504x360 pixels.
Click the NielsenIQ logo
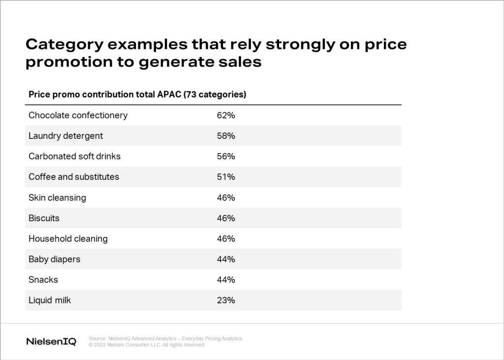click(51, 342)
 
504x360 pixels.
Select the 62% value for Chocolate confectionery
click(226, 115)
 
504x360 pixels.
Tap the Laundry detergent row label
click(66, 136)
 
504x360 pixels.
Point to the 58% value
click(226, 136)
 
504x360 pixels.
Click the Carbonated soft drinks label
click(74, 156)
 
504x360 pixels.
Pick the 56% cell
click(226, 156)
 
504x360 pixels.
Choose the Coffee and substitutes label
click(74, 177)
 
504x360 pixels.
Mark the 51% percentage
click(226, 177)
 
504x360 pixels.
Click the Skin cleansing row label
click(57, 197)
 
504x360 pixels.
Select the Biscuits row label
click(44, 218)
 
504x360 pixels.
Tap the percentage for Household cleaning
click(226, 239)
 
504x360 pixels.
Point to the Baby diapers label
click(54, 259)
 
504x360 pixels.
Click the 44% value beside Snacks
click(226, 280)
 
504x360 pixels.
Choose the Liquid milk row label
click(50, 300)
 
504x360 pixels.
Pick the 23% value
click(226, 300)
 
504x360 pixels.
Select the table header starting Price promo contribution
click(137, 94)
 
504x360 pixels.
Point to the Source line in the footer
click(166, 339)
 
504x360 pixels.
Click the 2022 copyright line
click(147, 345)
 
